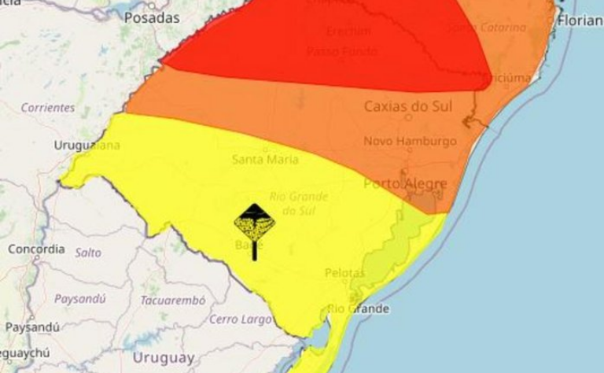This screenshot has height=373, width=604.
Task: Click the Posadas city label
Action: point(153,17)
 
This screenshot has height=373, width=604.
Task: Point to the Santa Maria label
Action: point(265,159)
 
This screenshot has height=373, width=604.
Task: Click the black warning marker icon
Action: point(254,227)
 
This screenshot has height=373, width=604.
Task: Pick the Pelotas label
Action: point(344,272)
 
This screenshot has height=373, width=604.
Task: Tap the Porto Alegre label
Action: point(405,183)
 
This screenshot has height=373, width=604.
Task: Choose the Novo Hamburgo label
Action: point(410,141)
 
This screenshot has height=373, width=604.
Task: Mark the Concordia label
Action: point(36,249)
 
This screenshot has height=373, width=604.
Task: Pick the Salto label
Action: point(88,252)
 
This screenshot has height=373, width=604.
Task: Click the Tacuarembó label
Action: point(172,300)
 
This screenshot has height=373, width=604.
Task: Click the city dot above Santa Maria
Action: point(265,148)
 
